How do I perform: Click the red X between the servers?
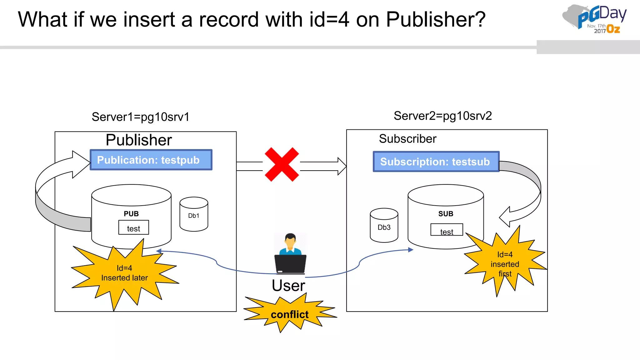pyautogui.click(x=282, y=164)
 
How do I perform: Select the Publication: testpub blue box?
pyautogui.click(x=151, y=160)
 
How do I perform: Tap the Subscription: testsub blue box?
pyautogui.click(x=436, y=162)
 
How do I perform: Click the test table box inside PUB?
pyautogui.click(x=133, y=228)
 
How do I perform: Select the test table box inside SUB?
pyautogui.click(x=447, y=230)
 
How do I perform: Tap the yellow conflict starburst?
pyautogui.click(x=289, y=314)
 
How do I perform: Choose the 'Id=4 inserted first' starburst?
pyautogui.click(x=505, y=264)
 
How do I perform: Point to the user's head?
pyautogui.click(x=290, y=241)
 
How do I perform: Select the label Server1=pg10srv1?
pyautogui.click(x=140, y=117)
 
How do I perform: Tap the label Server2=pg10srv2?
pyautogui.click(x=442, y=116)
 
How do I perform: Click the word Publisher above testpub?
pyautogui.click(x=139, y=140)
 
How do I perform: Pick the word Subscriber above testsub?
pyautogui.click(x=407, y=139)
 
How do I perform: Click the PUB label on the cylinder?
pyautogui.click(x=131, y=214)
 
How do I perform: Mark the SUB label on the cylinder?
pyautogui.click(x=446, y=214)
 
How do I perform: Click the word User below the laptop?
pyautogui.click(x=288, y=286)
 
